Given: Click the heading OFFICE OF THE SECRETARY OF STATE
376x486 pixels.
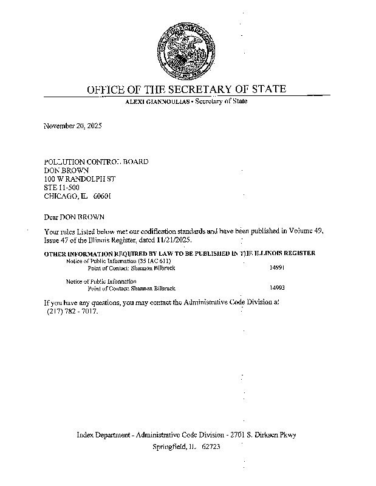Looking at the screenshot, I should (x=186, y=89).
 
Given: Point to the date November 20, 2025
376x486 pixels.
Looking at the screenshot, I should (x=72, y=126).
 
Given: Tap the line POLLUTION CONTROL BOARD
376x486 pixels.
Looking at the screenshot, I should (x=96, y=162).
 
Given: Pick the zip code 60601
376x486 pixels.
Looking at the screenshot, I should (x=103, y=197).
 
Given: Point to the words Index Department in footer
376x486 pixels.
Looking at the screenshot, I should (x=103, y=435).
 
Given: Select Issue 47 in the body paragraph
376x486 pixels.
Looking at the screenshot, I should (x=58, y=240).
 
